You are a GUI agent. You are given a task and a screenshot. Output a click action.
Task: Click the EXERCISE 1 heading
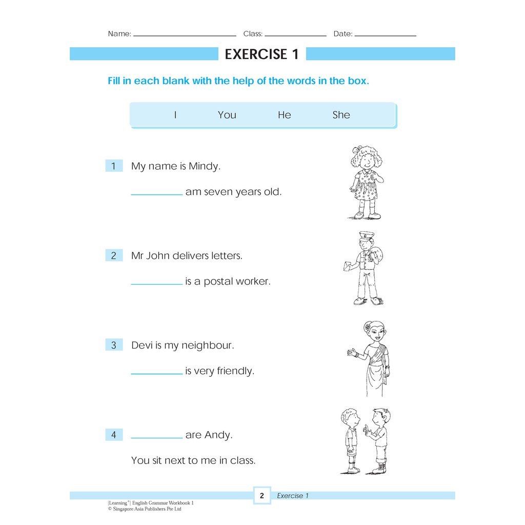point(261,54)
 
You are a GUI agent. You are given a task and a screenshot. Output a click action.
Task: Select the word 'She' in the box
point(341,115)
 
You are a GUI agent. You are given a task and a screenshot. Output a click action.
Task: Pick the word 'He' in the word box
point(284,115)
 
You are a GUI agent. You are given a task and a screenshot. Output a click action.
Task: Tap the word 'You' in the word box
point(227,115)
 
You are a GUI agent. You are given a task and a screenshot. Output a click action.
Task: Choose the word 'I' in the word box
point(175,115)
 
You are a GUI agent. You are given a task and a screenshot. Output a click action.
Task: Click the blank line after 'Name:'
point(185,35)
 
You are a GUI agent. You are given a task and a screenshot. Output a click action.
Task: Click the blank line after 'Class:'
point(295,35)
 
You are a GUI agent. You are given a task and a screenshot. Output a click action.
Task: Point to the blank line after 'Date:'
point(385,35)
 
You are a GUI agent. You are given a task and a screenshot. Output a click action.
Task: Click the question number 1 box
point(114,166)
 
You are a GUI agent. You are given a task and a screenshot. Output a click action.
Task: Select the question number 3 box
point(114,345)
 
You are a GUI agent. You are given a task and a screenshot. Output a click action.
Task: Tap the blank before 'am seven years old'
point(156,193)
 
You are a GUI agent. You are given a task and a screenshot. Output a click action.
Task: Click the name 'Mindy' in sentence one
point(204,166)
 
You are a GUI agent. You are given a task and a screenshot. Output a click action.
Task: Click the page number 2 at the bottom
point(261,496)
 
